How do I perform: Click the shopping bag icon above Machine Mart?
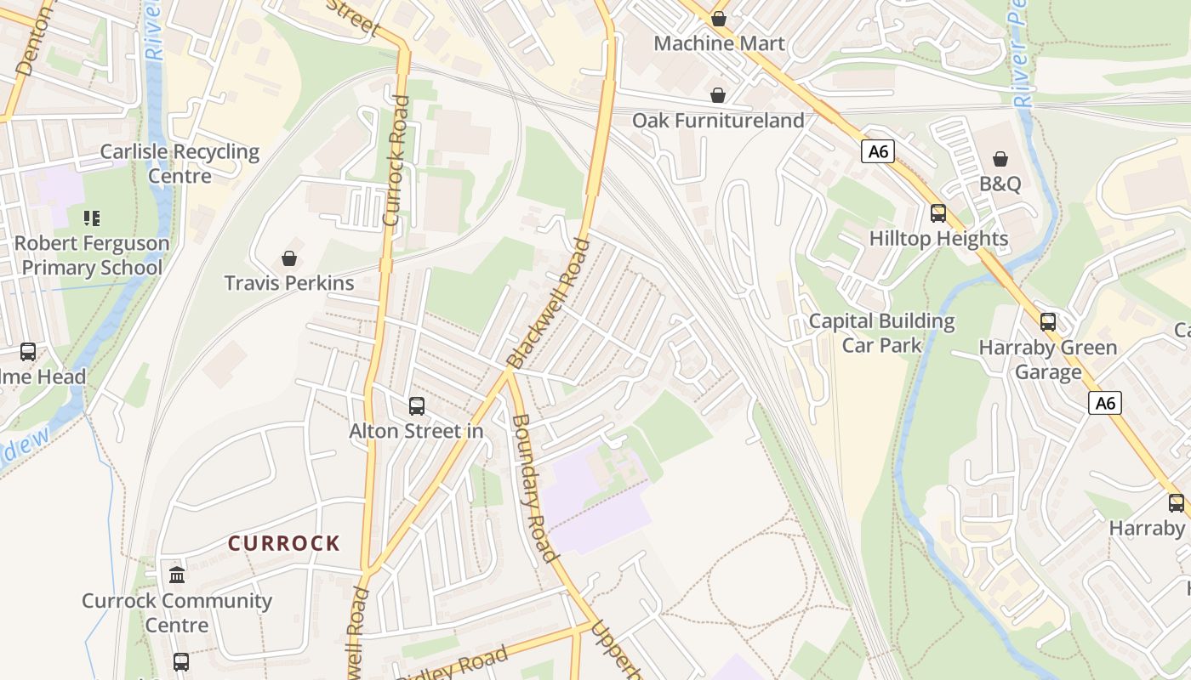point(719,18)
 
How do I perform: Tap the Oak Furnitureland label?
point(717,120)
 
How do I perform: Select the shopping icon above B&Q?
point(1000,159)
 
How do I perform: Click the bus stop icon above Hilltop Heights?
point(938,213)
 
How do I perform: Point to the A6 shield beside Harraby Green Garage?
point(1105,403)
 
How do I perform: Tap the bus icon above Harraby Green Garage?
point(1048,322)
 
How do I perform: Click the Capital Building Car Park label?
point(881,333)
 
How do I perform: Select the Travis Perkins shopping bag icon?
point(289,258)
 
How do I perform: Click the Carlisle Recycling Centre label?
point(180,164)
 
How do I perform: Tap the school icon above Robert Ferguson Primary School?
point(92,218)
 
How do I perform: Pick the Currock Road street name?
point(396,161)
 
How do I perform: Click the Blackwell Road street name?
point(548,303)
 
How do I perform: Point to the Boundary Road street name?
point(535,488)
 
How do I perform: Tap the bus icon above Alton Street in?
point(417,406)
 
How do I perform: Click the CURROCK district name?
point(284,543)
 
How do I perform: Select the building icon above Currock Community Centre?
point(177,575)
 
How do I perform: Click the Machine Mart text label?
point(719,43)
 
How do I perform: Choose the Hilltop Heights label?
point(938,239)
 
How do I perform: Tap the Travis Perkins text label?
point(289,283)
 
